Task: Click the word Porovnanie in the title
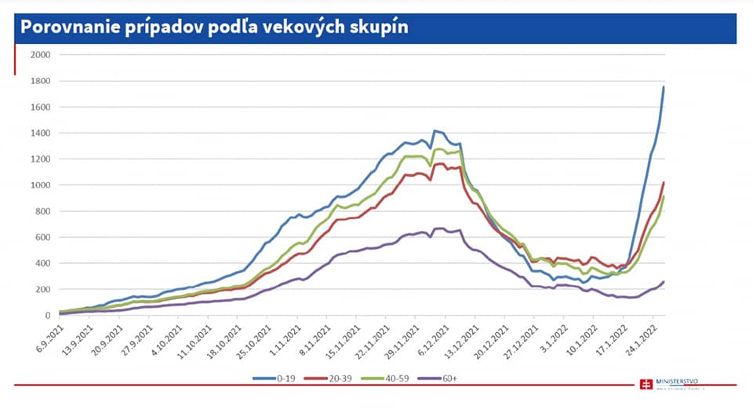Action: (71, 27)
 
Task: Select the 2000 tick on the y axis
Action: (40, 55)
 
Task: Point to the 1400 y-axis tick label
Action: (40, 133)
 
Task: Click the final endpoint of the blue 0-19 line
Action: (664, 87)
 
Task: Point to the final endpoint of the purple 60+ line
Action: (664, 282)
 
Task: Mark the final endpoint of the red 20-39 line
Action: (664, 183)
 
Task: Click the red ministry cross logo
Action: (646, 385)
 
